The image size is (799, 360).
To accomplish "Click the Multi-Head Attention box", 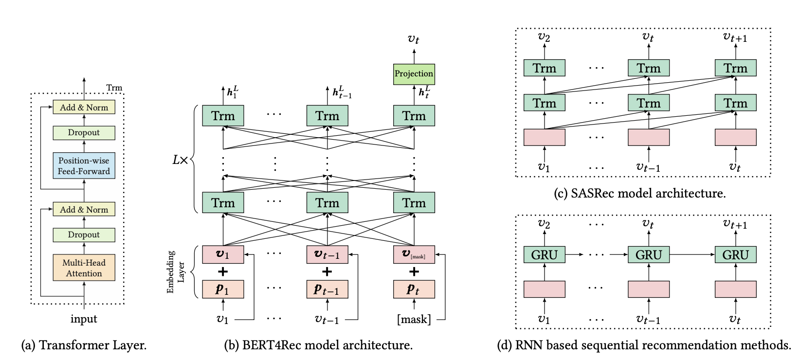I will click(x=84, y=268).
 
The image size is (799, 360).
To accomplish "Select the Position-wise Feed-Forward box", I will click(x=84, y=166).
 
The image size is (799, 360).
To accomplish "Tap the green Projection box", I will click(x=414, y=74).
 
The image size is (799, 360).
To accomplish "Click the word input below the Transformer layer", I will click(x=84, y=319).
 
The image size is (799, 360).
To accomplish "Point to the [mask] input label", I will click(x=414, y=320).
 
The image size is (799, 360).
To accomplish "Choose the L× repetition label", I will click(x=180, y=160).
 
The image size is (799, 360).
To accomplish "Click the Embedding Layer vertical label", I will click(x=175, y=272).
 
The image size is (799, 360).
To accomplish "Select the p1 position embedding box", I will click(x=223, y=289).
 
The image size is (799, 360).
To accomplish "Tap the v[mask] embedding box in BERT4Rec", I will click(x=414, y=254).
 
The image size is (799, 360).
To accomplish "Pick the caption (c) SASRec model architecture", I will click(x=639, y=194).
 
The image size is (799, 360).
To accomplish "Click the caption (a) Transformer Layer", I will click(x=84, y=345).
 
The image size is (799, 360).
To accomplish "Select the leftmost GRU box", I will click(x=544, y=254).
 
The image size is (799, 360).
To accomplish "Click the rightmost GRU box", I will click(x=735, y=254).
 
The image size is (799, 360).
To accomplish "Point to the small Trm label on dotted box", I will click(x=114, y=88).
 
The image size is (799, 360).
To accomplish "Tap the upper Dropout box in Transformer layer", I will click(x=84, y=132).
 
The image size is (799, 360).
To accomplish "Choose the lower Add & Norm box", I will click(x=84, y=210).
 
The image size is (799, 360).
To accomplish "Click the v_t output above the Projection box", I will click(x=414, y=39).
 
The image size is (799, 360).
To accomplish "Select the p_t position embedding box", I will click(x=414, y=289).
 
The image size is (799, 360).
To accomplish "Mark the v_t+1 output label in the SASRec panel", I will click(x=735, y=37).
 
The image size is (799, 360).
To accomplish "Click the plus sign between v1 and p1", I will click(x=223, y=271).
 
